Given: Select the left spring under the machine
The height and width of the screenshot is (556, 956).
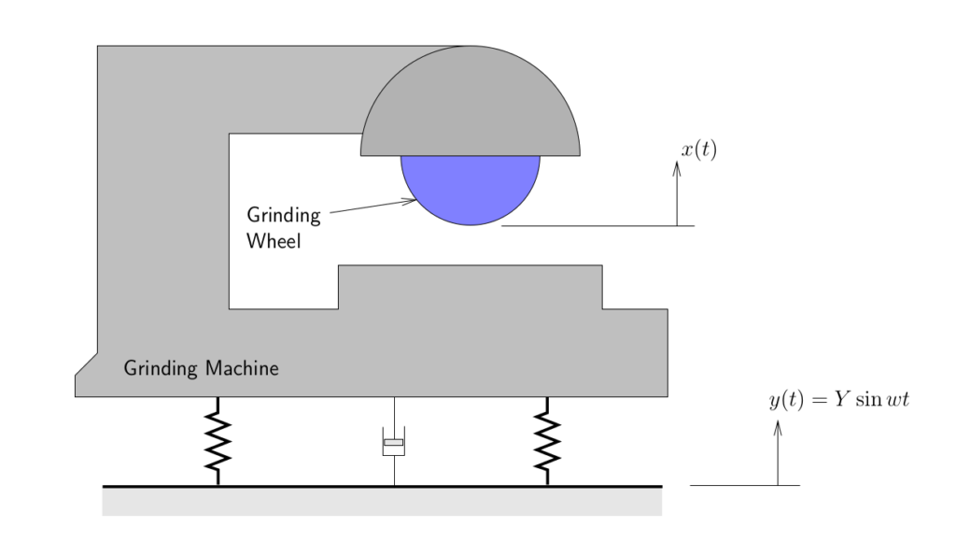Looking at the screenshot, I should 218,441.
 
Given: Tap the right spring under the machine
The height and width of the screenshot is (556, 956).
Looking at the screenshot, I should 547,441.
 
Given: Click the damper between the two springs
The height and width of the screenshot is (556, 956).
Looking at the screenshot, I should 394,443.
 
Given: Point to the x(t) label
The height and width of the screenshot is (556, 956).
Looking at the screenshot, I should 698,150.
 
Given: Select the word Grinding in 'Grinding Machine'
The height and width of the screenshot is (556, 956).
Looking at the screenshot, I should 160,368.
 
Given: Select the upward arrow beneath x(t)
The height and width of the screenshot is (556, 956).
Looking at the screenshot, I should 677,192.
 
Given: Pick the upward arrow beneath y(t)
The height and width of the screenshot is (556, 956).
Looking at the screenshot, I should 778,452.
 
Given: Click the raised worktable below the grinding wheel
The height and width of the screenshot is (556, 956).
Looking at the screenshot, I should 470,286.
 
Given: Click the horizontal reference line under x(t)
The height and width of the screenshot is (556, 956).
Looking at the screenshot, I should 597,226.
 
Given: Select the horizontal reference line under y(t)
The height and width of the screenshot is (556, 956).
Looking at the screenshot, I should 744,485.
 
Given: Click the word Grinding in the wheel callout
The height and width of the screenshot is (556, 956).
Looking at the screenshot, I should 283,216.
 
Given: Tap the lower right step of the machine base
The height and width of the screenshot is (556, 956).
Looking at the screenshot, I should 635,350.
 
